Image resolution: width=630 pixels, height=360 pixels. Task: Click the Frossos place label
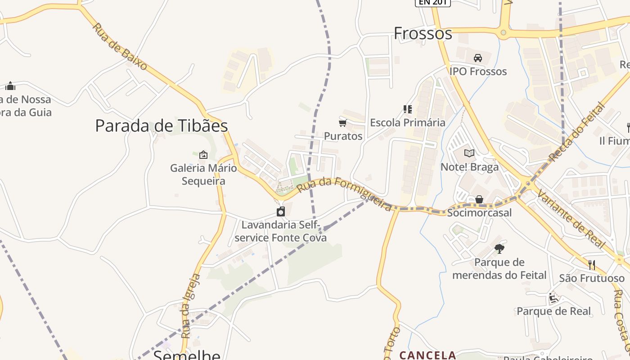[423, 33]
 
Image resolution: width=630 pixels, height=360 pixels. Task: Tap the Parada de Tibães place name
[161, 126]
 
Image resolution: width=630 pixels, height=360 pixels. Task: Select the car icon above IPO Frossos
[478, 58]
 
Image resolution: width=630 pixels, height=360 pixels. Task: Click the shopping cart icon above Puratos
[343, 123]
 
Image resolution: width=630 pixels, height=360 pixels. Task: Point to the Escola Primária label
[408, 122]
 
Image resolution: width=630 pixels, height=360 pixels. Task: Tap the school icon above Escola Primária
[408, 109]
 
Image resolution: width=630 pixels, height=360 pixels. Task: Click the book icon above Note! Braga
[469, 153]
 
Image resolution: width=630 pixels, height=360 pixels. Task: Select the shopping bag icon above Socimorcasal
[479, 199]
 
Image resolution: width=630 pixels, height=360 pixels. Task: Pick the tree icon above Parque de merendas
[499, 248]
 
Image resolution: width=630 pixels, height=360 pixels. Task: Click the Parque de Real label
[553, 311]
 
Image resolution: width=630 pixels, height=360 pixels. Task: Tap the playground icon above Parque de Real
[553, 298]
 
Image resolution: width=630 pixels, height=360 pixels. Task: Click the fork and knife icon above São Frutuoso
[592, 265]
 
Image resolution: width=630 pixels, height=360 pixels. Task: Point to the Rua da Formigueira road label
[345, 194]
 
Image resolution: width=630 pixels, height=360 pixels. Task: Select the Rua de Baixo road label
[120, 46]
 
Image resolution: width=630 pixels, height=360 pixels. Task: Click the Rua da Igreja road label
[190, 306]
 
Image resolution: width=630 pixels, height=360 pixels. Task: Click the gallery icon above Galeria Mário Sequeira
[203, 155]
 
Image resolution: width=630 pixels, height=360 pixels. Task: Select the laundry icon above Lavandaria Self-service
[281, 211]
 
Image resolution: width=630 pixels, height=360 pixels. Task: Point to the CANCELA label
[427, 355]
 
